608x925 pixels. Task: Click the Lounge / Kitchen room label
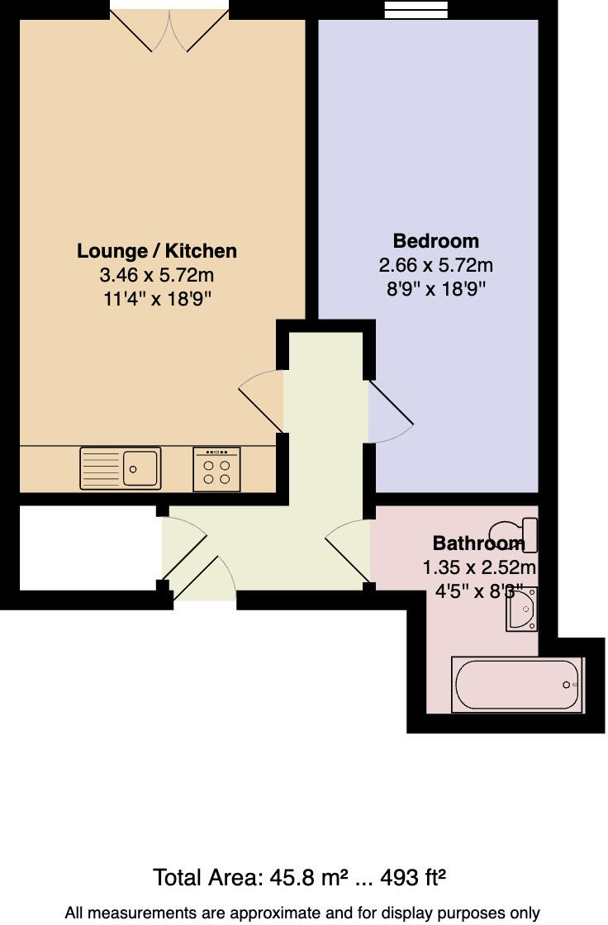click(157, 251)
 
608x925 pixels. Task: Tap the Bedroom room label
click(435, 241)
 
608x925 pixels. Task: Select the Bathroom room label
click(478, 543)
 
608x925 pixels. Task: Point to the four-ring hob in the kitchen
click(216, 469)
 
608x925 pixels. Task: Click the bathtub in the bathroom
click(516, 685)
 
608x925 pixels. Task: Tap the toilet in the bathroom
click(515, 533)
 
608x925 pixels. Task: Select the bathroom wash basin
click(521, 610)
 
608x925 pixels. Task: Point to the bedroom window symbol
click(417, 10)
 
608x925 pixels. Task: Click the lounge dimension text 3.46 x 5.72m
click(157, 275)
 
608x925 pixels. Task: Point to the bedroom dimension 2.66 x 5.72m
click(435, 265)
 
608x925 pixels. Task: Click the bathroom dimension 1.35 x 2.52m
click(479, 567)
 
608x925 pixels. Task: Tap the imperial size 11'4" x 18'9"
click(157, 299)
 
